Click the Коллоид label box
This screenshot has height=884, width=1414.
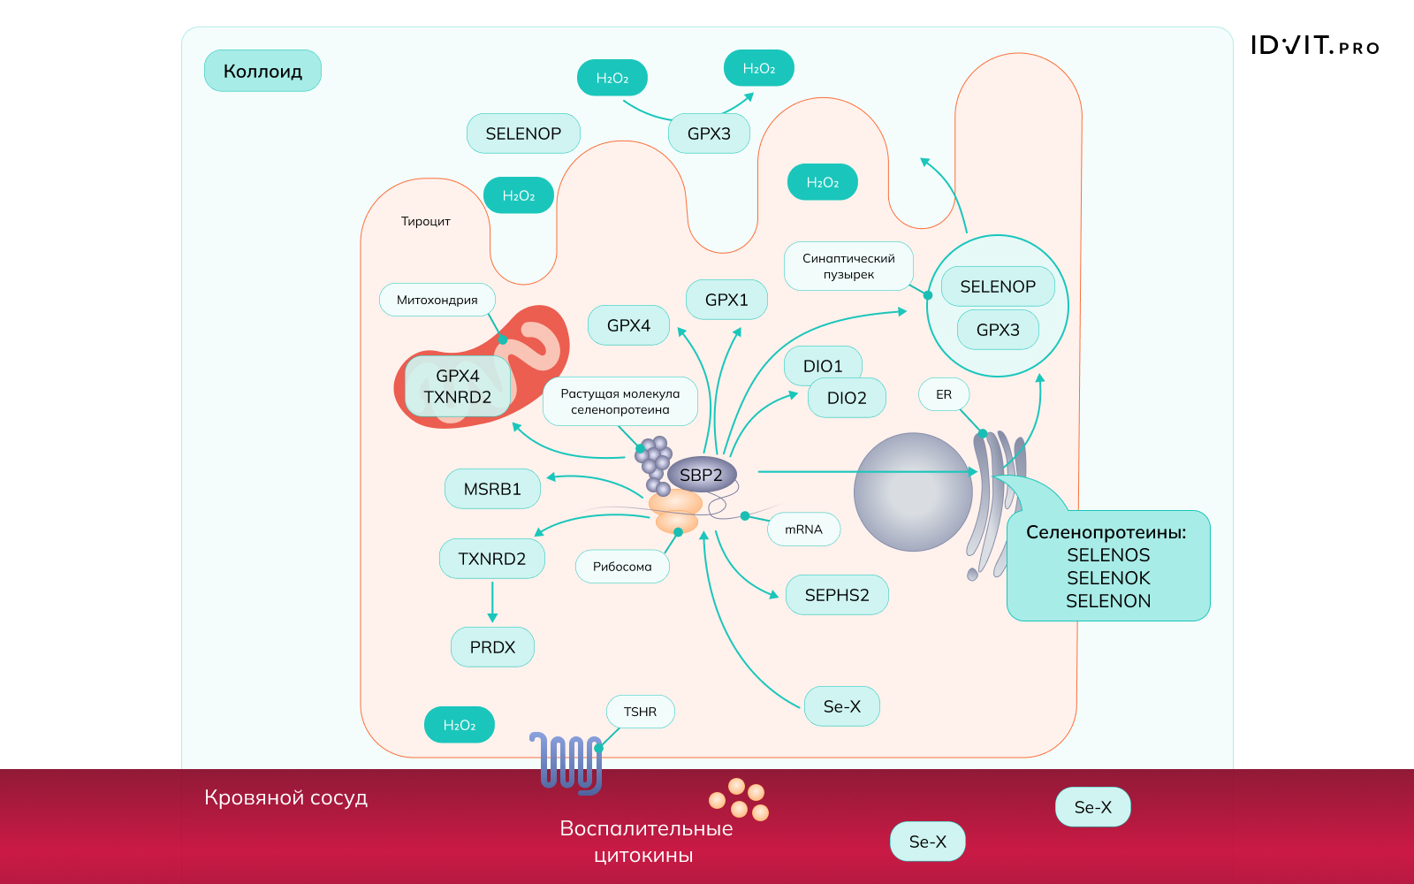click(x=262, y=71)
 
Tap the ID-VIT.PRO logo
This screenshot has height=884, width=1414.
click(x=1314, y=46)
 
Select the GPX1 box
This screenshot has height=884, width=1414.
click(x=726, y=300)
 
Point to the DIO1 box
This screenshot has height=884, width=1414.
click(x=822, y=365)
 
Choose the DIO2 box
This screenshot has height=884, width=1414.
click(x=847, y=398)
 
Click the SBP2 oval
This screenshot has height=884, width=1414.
click(x=701, y=475)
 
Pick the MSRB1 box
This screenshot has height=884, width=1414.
click(x=492, y=489)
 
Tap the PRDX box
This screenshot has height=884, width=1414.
click(x=492, y=647)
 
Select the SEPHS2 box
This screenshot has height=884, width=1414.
click(x=837, y=595)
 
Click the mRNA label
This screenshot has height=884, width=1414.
click(x=803, y=530)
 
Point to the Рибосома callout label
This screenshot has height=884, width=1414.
click(x=622, y=567)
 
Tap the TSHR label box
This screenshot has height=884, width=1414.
click(x=640, y=712)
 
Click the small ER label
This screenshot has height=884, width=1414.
click(x=944, y=394)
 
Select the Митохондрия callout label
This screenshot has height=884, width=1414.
click(x=437, y=300)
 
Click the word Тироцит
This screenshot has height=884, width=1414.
click(x=425, y=221)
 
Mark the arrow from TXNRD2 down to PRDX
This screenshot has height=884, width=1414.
click(x=492, y=601)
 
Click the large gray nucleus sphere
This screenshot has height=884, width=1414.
click(x=913, y=492)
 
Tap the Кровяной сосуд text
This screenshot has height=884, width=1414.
click(x=285, y=797)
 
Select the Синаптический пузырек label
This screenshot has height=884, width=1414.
click(x=848, y=266)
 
